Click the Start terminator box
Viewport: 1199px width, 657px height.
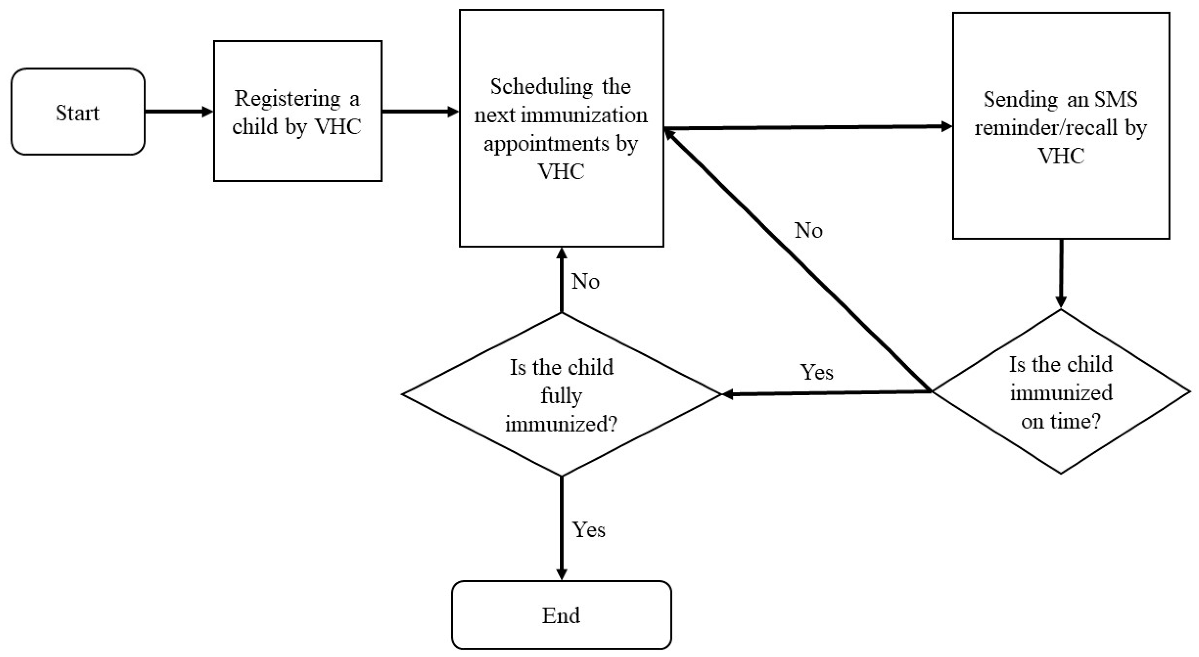[x=78, y=112]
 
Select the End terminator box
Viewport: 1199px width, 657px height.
[x=561, y=615]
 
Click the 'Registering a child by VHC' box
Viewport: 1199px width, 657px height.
[x=298, y=112]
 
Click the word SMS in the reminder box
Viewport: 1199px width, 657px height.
[x=1115, y=99]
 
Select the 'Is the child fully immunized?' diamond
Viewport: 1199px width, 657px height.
[x=561, y=395]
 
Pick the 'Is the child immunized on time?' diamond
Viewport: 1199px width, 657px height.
[x=1061, y=392]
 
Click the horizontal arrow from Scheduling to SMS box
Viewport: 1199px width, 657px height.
[x=808, y=127]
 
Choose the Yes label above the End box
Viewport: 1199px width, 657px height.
[x=588, y=530]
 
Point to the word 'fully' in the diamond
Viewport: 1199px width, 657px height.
[x=561, y=396]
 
